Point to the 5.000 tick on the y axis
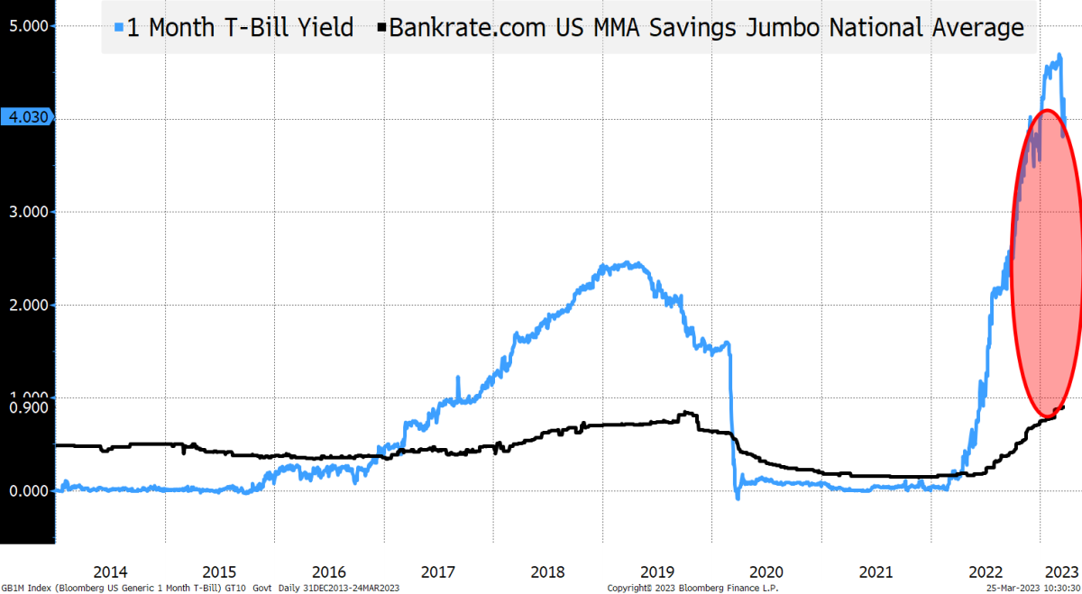click(x=27, y=25)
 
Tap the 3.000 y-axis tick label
click(x=27, y=212)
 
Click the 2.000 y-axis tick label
click(x=27, y=305)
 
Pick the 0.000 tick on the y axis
click(x=27, y=491)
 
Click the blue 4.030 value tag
click(x=27, y=117)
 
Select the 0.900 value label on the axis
click(x=27, y=407)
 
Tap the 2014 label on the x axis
click(x=110, y=571)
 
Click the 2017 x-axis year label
click(x=438, y=571)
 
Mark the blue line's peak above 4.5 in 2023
click(x=1059, y=56)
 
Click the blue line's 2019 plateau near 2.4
click(x=622, y=265)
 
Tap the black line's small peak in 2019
click(x=689, y=413)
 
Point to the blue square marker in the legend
click(x=119, y=28)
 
